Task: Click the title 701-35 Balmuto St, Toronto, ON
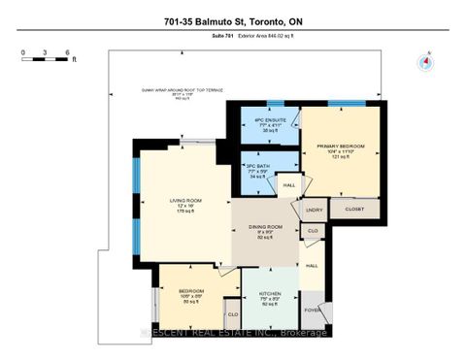pyautogui.click(x=232, y=18)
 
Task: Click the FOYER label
pyautogui.click(x=314, y=311)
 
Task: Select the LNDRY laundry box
pyautogui.click(x=314, y=209)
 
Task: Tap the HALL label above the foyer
pyautogui.click(x=313, y=264)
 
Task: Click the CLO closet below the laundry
pyautogui.click(x=313, y=232)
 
